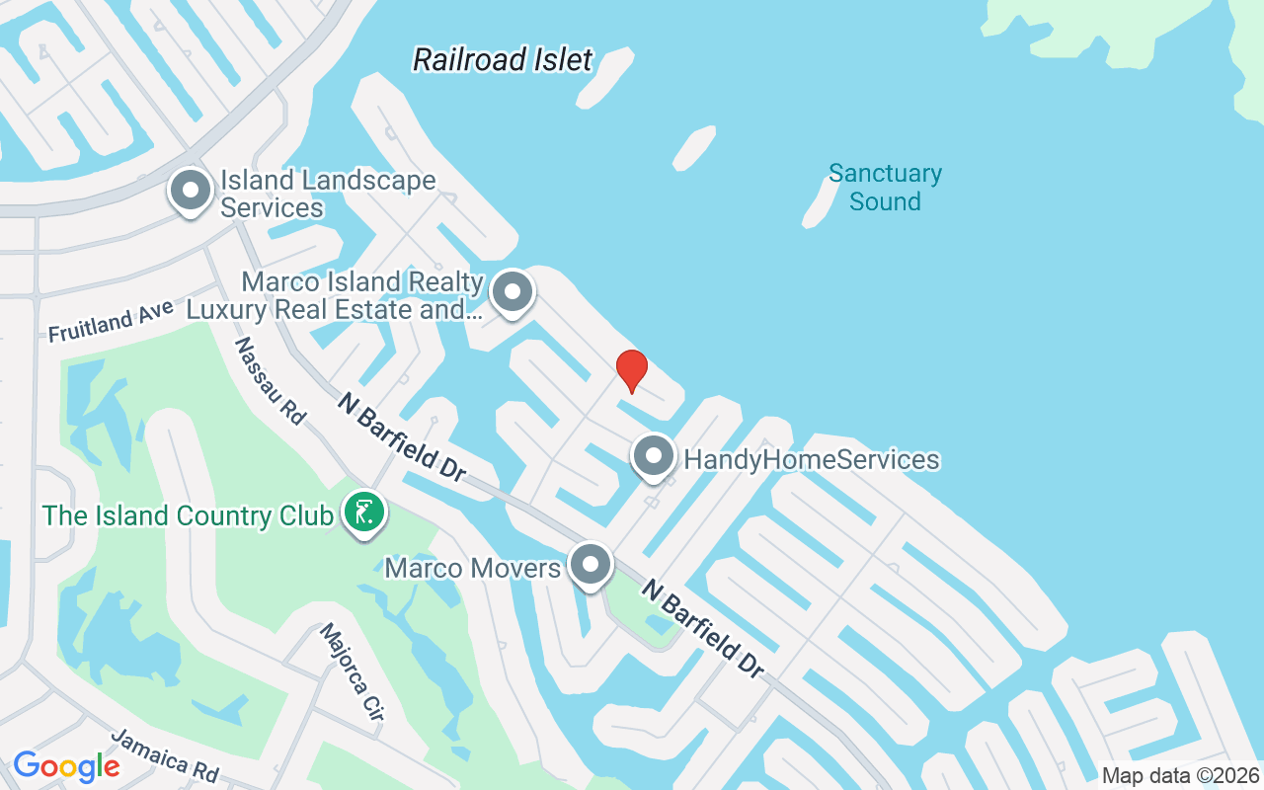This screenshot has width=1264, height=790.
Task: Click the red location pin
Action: pos(632,370)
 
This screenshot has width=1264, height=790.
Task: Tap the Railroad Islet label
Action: pos(503,59)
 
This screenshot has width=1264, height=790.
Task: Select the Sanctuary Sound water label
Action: pos(885,188)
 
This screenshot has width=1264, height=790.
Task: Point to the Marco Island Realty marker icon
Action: pos(512,292)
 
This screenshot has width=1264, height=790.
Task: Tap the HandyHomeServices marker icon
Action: pos(653,458)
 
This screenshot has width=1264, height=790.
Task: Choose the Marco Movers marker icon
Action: pos(591,566)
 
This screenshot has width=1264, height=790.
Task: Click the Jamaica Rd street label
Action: pos(163,755)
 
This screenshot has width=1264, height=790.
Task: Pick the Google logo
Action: pos(66,766)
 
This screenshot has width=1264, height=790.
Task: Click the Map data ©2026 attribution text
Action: pos(1181,776)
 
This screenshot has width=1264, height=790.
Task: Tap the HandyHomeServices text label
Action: pos(811,460)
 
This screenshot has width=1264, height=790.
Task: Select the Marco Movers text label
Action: pos(472,568)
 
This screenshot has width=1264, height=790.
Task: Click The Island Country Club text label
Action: pos(188,515)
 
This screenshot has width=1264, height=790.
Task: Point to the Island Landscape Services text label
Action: pos(327,194)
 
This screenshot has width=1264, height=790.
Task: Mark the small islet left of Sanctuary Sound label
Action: pos(819,202)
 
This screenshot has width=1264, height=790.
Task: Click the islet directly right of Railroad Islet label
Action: pos(604,77)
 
